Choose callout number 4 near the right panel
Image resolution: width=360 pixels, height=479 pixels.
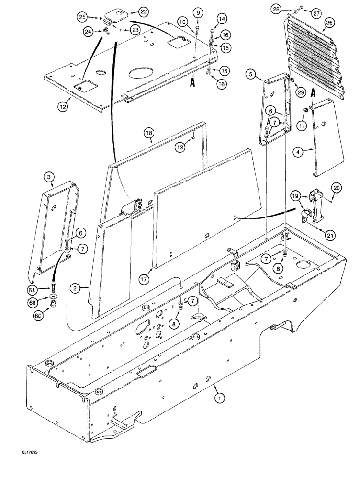tap(301, 153)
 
